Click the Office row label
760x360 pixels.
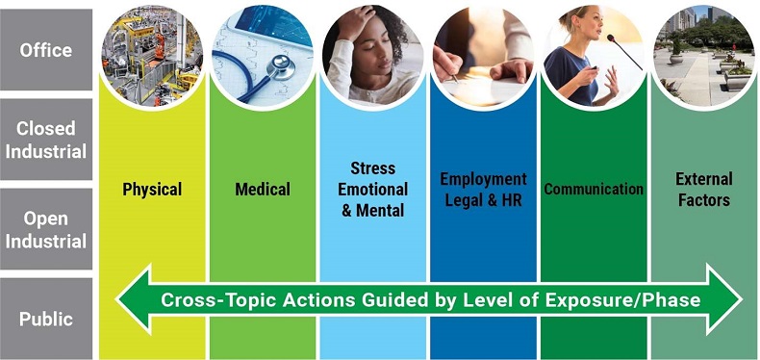pyautogui.click(x=46, y=49)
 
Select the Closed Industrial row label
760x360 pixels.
pyautogui.click(x=46, y=139)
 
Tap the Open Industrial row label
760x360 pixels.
pyautogui.click(x=46, y=229)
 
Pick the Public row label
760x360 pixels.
pyautogui.click(x=46, y=319)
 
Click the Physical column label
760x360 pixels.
pyautogui.click(x=152, y=189)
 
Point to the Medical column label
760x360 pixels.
pyautogui.click(x=263, y=189)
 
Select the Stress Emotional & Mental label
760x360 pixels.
pyautogui.click(x=374, y=189)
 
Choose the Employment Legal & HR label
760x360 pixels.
pyautogui.click(x=483, y=189)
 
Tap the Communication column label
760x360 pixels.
pyautogui.click(x=594, y=189)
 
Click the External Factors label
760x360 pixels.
pyautogui.click(x=703, y=189)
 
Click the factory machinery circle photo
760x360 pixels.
pyautogui.click(x=152, y=53)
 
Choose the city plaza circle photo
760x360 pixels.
pyautogui.click(x=703, y=53)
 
